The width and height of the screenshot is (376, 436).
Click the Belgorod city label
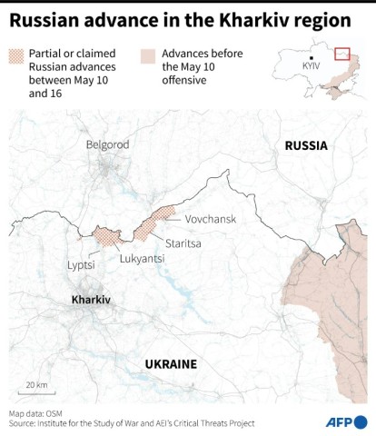pos(107,144)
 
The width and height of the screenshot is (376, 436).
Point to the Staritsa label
pos(184,242)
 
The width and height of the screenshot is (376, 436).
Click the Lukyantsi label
pos(142,258)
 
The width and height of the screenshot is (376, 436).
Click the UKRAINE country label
pos(171,364)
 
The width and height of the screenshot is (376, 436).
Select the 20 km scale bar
pos(36,390)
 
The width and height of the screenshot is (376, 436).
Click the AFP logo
pos(344,421)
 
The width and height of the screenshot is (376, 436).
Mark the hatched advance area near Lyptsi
pos(106,236)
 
